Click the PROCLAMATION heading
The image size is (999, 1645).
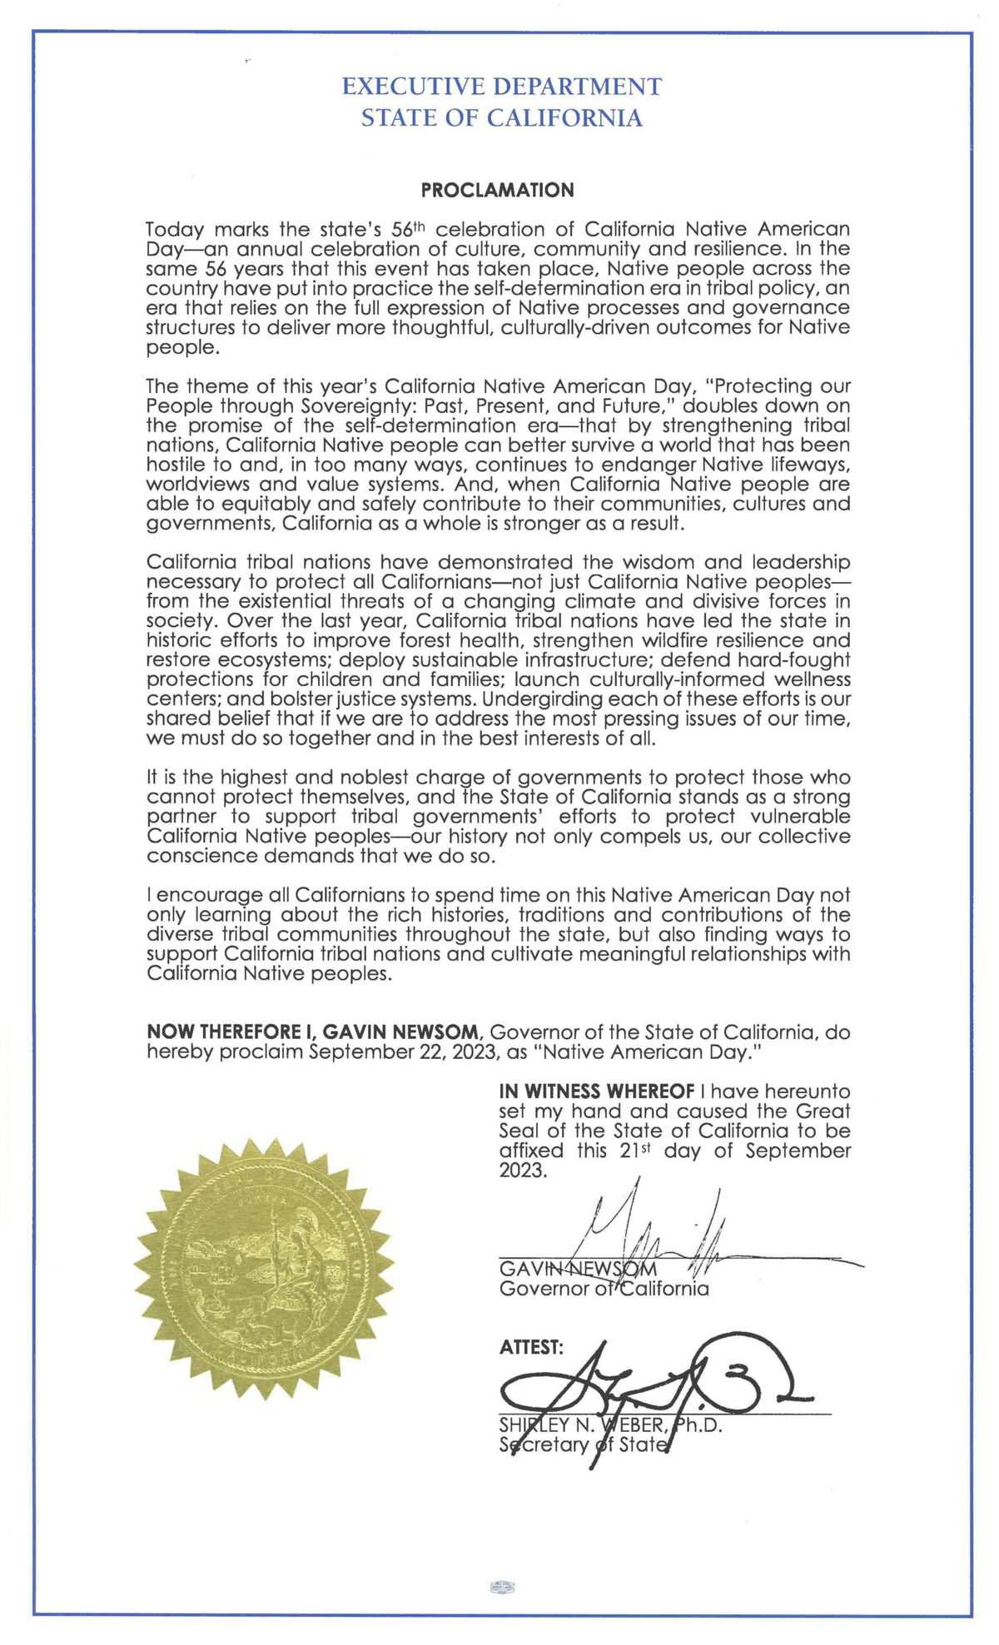click(x=497, y=190)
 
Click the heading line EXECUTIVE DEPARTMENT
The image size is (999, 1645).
click(x=502, y=87)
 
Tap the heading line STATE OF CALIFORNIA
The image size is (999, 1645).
click(x=502, y=118)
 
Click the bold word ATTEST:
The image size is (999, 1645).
click(x=531, y=1347)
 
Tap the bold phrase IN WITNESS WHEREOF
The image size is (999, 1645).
click(x=596, y=1091)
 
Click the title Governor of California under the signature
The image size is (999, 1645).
click(x=604, y=1290)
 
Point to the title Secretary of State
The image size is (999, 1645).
click(x=583, y=1444)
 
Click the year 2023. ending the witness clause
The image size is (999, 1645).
click(x=524, y=1170)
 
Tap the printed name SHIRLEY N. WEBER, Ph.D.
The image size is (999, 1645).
click(x=610, y=1425)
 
